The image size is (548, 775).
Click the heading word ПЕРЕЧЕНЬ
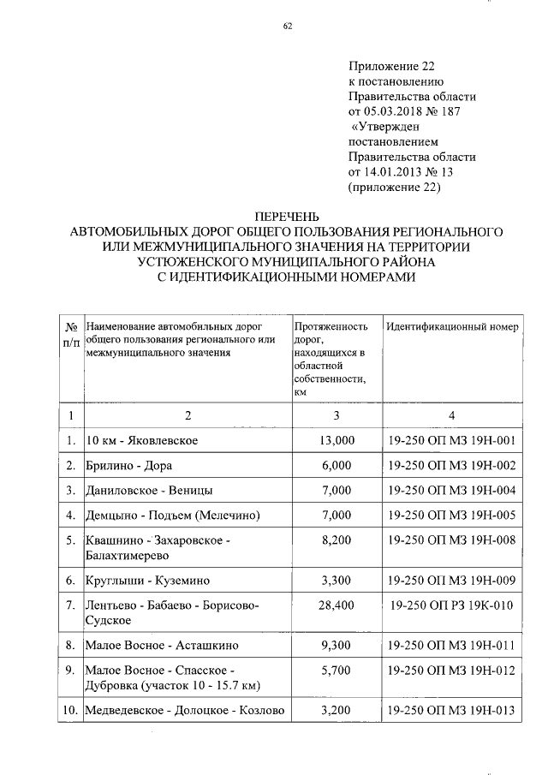coord(288,218)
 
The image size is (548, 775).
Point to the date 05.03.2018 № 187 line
coord(409,111)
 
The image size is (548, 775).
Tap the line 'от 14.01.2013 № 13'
coord(401,172)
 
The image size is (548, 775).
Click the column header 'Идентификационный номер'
coord(451,326)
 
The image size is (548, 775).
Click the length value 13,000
coord(336,440)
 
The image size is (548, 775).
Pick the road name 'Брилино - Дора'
coord(129,465)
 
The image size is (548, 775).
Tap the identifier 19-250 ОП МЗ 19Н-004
coord(451,490)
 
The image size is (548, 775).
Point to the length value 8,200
coord(336,540)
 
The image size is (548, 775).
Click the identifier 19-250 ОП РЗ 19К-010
coord(451,605)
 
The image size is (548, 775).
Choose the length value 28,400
coord(336,605)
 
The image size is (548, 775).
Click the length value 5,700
coord(336,670)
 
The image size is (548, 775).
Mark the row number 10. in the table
coord(69,710)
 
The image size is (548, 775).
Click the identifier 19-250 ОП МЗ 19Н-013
coord(451,710)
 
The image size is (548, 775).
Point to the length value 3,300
coord(336,581)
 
